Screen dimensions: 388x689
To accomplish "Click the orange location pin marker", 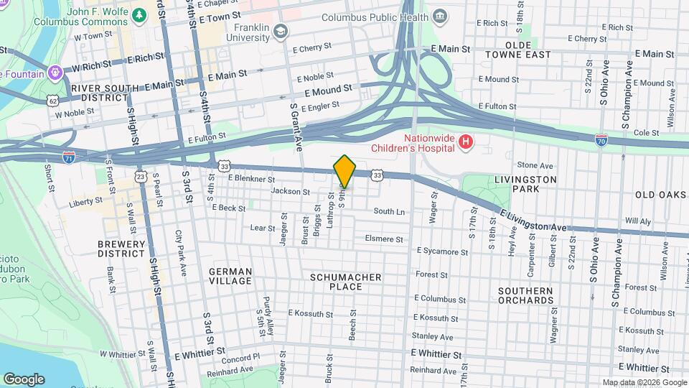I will point(345,171).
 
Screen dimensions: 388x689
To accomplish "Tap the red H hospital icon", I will point(465,142).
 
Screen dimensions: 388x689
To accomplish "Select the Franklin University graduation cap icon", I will point(281,30).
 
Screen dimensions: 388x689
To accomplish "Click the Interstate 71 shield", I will point(69,156).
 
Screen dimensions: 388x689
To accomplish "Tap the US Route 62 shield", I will point(53,101).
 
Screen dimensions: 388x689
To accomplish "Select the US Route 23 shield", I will point(141,175).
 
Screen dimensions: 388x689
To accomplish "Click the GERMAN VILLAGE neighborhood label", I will point(230,276).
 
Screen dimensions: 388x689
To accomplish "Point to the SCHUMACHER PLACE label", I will point(345,282).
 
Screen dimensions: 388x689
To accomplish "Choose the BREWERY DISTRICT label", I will point(121,249).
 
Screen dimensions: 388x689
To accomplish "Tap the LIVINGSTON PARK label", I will point(525,184).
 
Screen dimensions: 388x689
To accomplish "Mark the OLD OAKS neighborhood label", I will point(660,195).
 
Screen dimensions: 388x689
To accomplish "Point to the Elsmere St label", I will point(384,239).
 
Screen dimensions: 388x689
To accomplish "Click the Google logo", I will point(24,379).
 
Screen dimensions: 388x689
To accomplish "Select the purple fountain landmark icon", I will point(55,73).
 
